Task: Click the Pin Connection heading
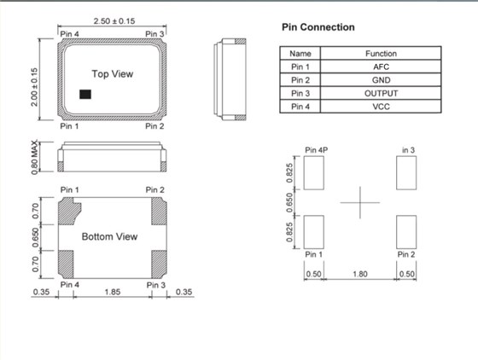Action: tap(318, 27)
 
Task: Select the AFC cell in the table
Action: tap(381, 67)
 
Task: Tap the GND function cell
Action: tap(381, 80)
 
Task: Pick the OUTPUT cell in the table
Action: tap(381, 93)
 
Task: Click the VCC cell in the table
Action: tap(381, 107)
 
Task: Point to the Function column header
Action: tap(381, 54)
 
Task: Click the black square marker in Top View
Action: tap(85, 94)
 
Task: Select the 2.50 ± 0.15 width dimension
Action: tap(114, 21)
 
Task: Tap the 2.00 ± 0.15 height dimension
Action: tap(34, 87)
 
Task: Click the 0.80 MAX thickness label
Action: tap(34, 157)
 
